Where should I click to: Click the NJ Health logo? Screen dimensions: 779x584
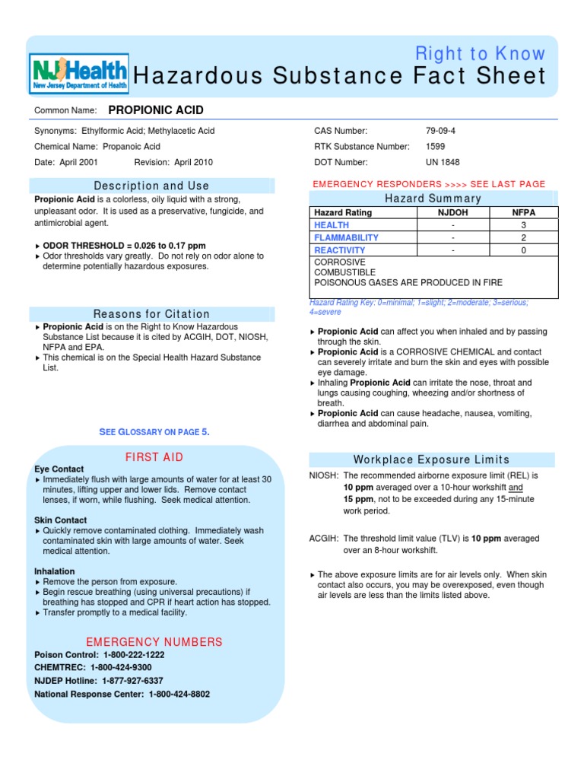click(79, 74)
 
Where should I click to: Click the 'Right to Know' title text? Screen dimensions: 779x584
click(480, 53)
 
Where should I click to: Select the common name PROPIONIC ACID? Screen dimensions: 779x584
click(156, 110)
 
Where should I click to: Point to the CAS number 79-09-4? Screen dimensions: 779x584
click(442, 132)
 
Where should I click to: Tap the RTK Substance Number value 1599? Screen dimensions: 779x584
click(436, 147)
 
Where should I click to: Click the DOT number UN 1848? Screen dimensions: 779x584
click(443, 162)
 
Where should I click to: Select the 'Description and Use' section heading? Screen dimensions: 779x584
click(151, 186)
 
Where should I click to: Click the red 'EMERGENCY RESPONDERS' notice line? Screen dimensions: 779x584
click(429, 184)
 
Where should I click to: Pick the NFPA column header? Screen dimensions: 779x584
click(523, 213)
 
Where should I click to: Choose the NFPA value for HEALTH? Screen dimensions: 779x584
click(523, 225)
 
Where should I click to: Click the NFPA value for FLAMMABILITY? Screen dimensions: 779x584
click(523, 237)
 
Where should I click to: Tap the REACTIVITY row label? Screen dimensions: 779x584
click(339, 250)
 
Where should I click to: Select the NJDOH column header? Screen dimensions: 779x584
click(452, 213)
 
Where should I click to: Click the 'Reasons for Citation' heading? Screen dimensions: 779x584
click(151, 314)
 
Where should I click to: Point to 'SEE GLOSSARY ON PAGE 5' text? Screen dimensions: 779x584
click(154, 432)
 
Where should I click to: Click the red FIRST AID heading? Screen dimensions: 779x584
click(154, 457)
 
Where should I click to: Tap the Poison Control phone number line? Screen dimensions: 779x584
click(100, 655)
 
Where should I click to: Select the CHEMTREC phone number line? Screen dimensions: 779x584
click(94, 668)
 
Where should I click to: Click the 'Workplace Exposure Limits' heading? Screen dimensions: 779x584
click(431, 459)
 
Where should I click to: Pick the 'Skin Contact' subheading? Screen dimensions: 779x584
click(61, 520)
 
